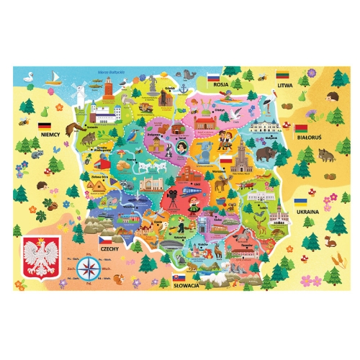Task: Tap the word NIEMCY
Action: point(50,134)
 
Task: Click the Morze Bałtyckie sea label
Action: point(111,72)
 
